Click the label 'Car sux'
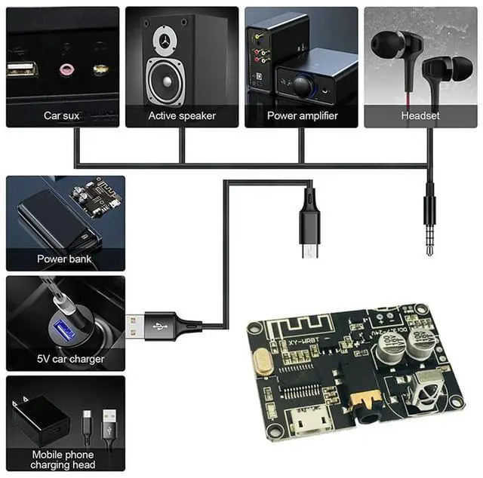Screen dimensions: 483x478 pyautogui.click(x=62, y=116)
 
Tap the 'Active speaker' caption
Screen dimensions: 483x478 pyautogui.click(x=182, y=116)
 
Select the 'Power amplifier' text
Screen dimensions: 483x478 pyautogui.click(x=302, y=116)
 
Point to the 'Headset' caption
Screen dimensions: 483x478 pyautogui.click(x=421, y=116)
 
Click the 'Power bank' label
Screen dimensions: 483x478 pyautogui.click(x=63, y=259)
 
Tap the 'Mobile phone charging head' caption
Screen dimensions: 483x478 pyautogui.click(x=63, y=460)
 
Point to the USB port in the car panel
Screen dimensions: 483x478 pyautogui.click(x=22, y=71)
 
